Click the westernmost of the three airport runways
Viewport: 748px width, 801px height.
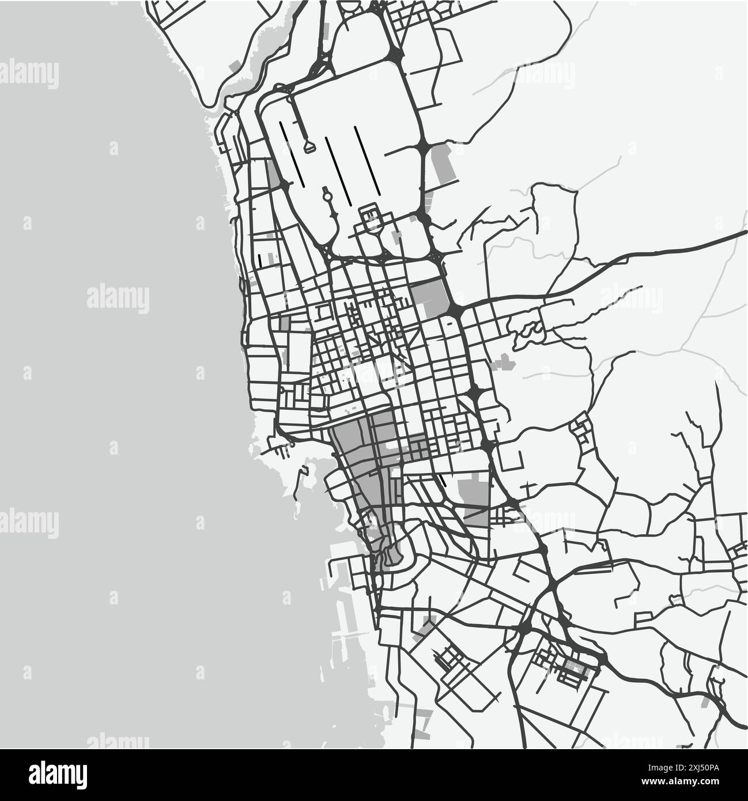[x=290, y=152]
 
